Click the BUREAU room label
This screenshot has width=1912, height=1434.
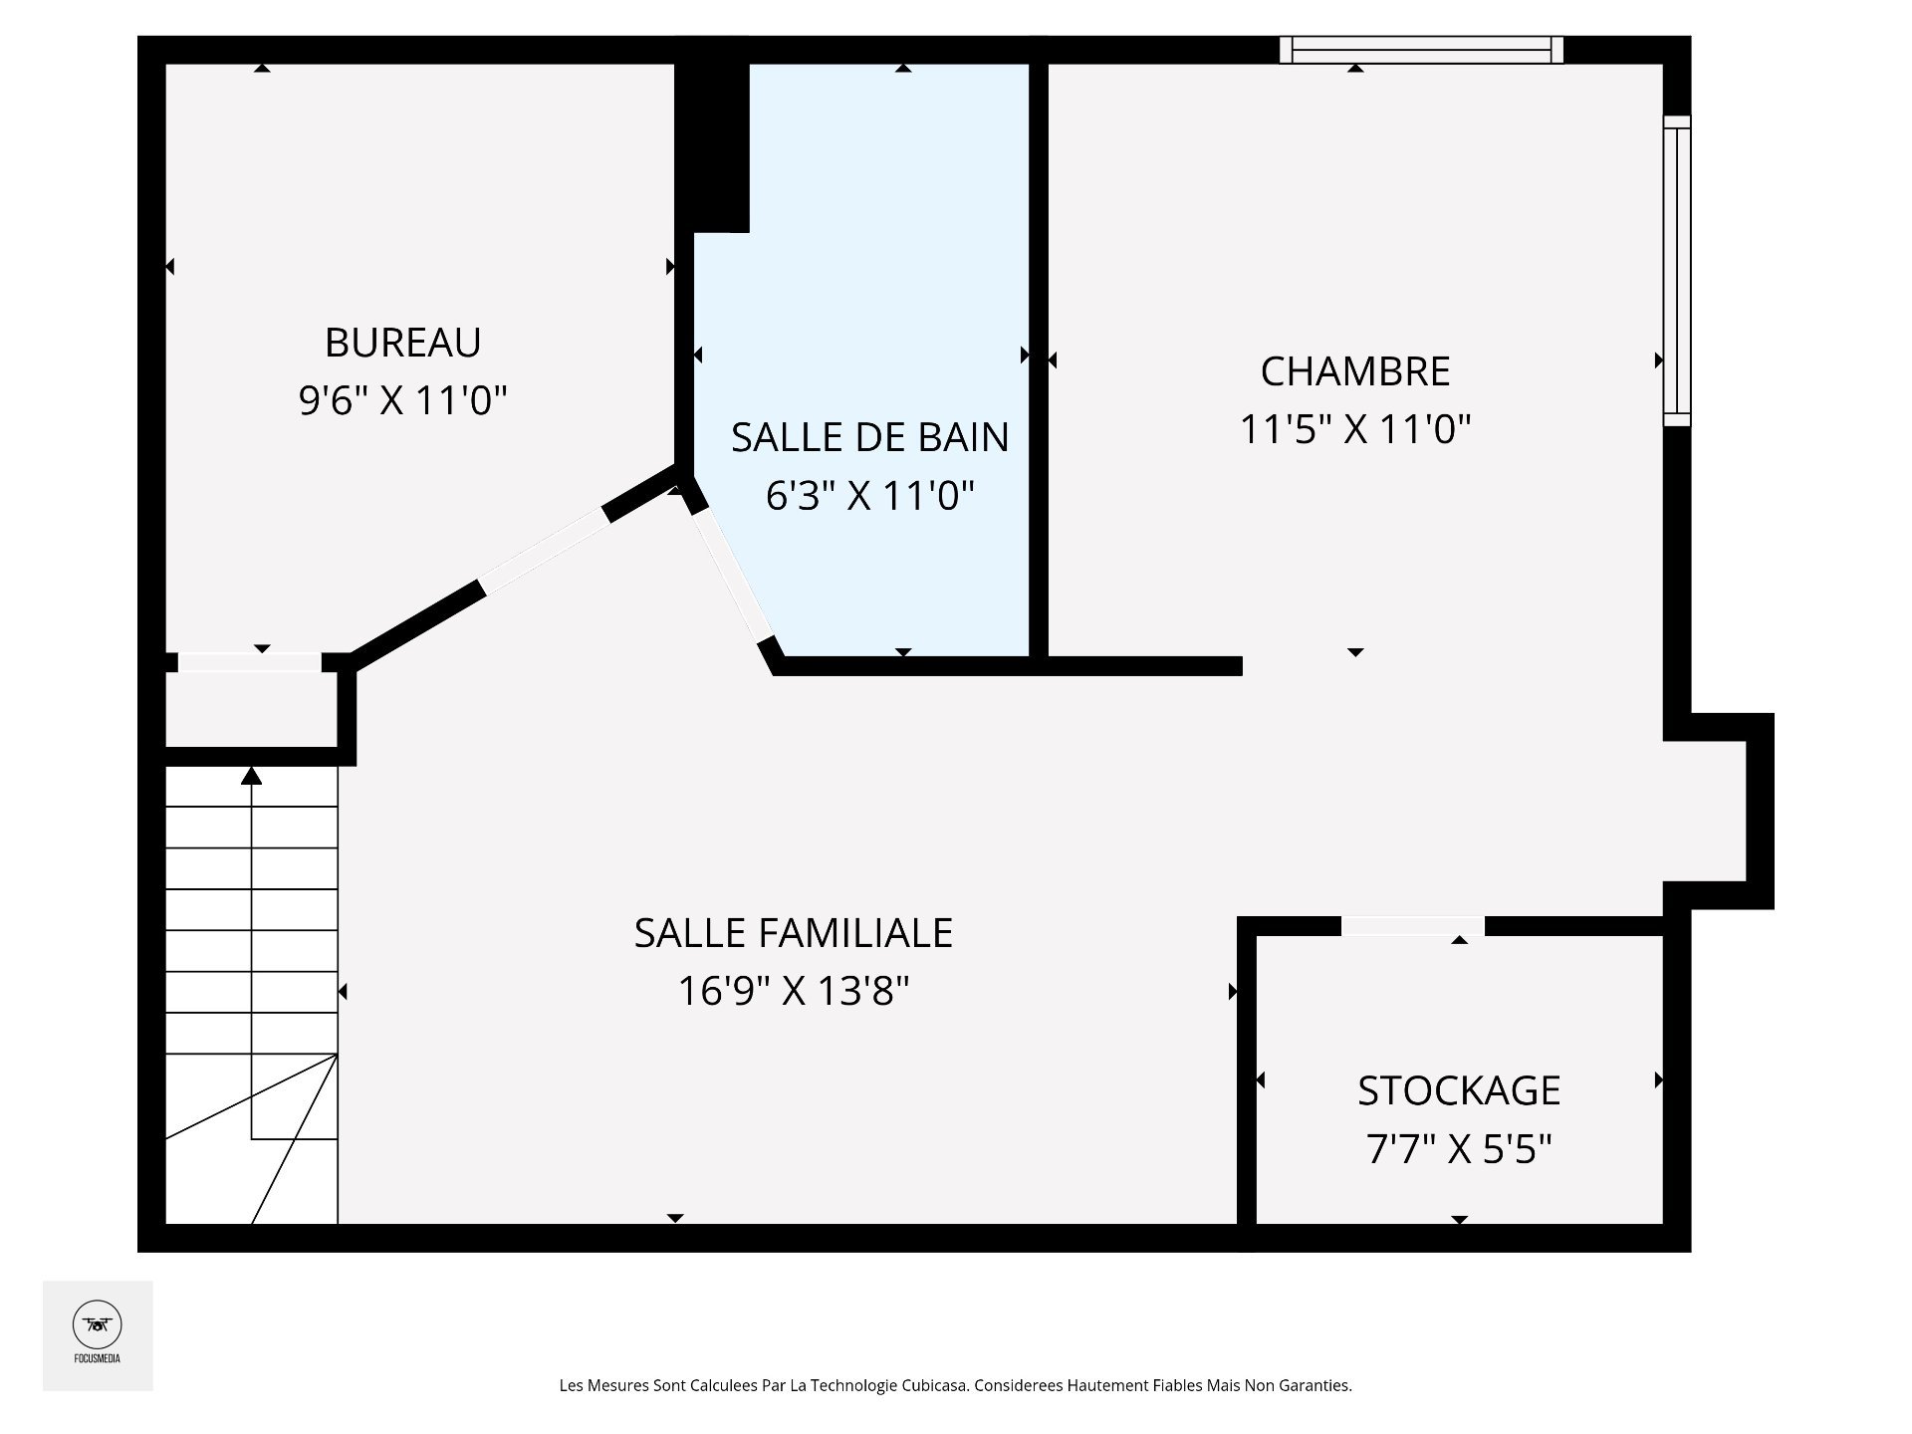pyautogui.click(x=403, y=343)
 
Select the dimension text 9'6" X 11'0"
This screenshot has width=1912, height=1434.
pyautogui.click(x=403, y=401)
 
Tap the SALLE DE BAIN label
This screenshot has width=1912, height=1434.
pyautogui.click(x=870, y=437)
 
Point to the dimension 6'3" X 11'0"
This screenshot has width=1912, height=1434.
pyautogui.click(x=870, y=495)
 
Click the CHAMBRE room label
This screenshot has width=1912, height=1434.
pyautogui.click(x=1355, y=371)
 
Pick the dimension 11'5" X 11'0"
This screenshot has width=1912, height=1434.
pyautogui.click(x=1355, y=429)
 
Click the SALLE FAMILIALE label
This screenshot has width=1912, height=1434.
pyautogui.click(x=794, y=933)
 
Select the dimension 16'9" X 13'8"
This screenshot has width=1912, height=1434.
pyautogui.click(x=794, y=991)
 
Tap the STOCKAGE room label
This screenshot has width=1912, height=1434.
pyautogui.click(x=1459, y=1091)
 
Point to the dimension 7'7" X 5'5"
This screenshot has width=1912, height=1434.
pyautogui.click(x=1459, y=1150)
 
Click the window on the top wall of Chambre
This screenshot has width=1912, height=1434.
pyautogui.click(x=1421, y=50)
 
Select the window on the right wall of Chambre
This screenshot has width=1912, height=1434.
pyautogui.click(x=1677, y=271)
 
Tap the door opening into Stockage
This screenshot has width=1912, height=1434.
pyautogui.click(x=1413, y=926)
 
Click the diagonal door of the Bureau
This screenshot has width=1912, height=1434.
pyautogui.click(x=545, y=552)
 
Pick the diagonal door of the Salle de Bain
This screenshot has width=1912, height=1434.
pyautogui.click(x=732, y=575)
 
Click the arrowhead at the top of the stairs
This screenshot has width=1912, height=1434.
pyautogui.click(x=252, y=776)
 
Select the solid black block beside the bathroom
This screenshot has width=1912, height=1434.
pyautogui.click(x=712, y=147)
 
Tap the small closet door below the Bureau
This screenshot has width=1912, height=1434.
pyautogui.click(x=250, y=662)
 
